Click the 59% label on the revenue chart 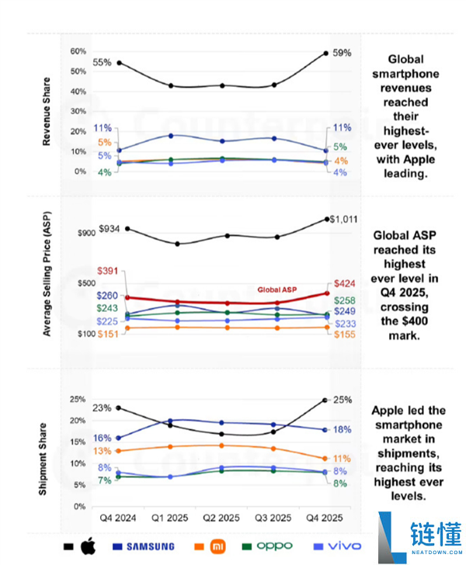pyautogui.click(x=343, y=54)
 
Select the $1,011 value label pyautogui.click(x=343, y=220)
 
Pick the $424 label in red pyautogui.click(x=344, y=284)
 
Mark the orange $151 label pyautogui.click(x=109, y=334)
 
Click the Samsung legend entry pyautogui.click(x=141, y=546)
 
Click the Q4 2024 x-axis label pyautogui.click(x=118, y=518)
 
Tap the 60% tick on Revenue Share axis pyautogui.click(x=78, y=51)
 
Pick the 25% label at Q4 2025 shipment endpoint pyautogui.click(x=343, y=400)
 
